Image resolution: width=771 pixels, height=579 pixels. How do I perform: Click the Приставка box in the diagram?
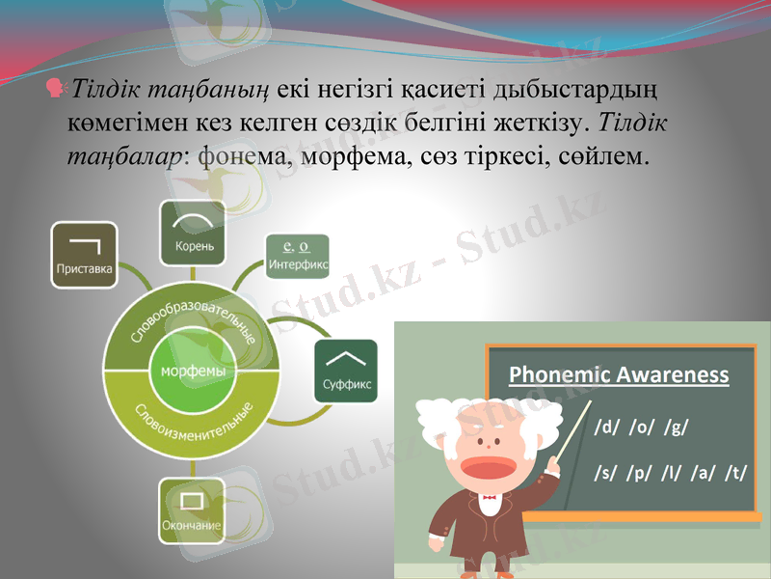click(x=84, y=255)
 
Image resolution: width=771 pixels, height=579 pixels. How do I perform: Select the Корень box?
click(x=192, y=233)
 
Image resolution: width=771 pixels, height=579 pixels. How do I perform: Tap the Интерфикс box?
click(x=297, y=256)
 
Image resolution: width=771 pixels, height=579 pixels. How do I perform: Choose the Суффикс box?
click(x=346, y=372)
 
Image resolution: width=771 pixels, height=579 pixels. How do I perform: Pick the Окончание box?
click(x=192, y=510)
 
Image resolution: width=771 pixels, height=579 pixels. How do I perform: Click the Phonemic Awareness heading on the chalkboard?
click(x=618, y=374)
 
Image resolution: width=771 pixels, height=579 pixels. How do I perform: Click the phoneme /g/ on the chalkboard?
click(x=678, y=426)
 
